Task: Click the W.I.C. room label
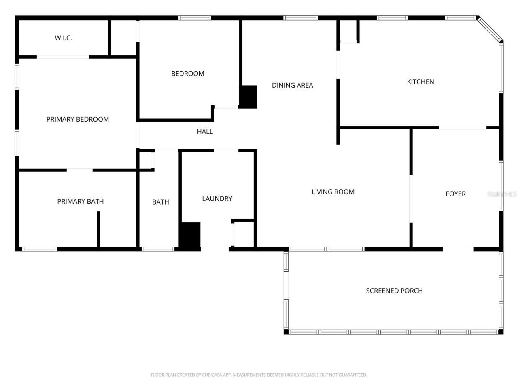pyautogui.click(x=64, y=38)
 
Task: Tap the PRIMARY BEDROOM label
pyautogui.click(x=77, y=119)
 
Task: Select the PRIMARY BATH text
pyautogui.click(x=80, y=201)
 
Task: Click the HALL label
pyautogui.click(x=205, y=131)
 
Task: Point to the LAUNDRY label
pyautogui.click(x=217, y=198)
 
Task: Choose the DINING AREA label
pyautogui.click(x=292, y=85)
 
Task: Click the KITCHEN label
pyautogui.click(x=420, y=82)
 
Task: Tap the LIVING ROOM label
pyautogui.click(x=333, y=192)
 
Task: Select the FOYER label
pyautogui.click(x=455, y=194)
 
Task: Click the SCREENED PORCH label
pyautogui.click(x=394, y=291)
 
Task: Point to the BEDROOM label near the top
pyautogui.click(x=187, y=74)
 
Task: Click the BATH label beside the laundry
pyautogui.click(x=160, y=202)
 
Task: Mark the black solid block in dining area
pyautogui.click(x=248, y=97)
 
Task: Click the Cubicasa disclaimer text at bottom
pyautogui.click(x=259, y=375)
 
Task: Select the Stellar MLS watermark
pyautogui.click(x=502, y=194)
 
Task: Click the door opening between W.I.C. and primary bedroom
pyautogui.click(x=63, y=57)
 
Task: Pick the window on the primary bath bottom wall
pyautogui.click(x=39, y=249)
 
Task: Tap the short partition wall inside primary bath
pyautogui.click(x=98, y=228)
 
